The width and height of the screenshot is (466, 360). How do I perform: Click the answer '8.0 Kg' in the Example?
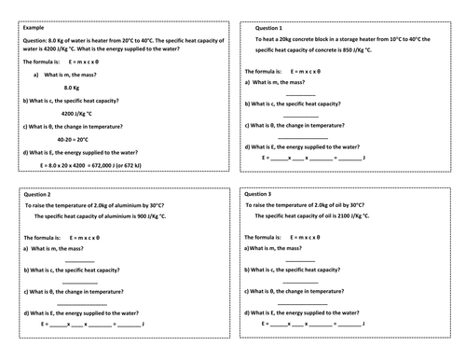(75, 88)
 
